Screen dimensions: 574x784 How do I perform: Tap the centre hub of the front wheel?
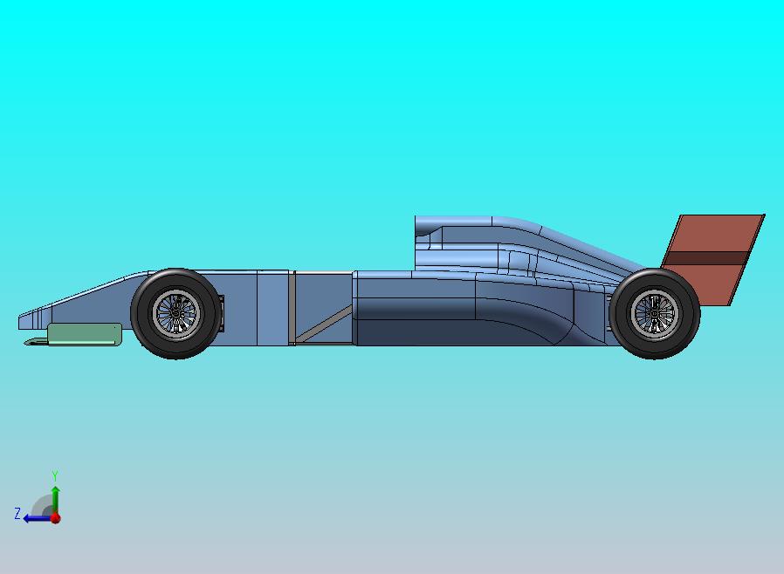coord(175,312)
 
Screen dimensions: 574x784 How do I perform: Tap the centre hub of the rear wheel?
coord(655,311)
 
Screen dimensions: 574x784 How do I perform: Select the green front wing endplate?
coord(84,332)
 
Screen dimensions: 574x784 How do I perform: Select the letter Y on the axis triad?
coord(54,476)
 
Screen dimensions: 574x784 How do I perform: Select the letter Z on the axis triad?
coord(17,514)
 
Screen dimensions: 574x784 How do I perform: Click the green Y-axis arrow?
coord(54,498)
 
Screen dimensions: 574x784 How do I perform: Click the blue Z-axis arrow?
coord(35,518)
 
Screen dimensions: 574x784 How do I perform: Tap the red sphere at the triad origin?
coord(55,518)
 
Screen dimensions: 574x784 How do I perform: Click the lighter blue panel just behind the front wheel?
coord(272,307)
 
